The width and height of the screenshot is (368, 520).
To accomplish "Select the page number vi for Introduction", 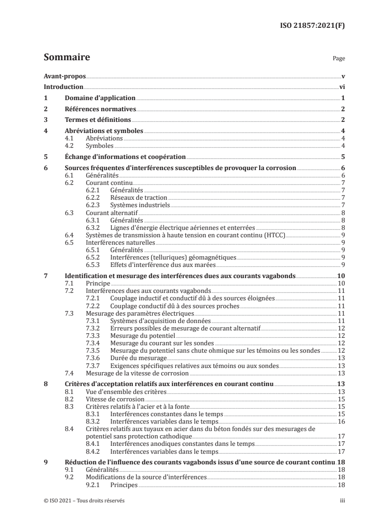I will (341, 87).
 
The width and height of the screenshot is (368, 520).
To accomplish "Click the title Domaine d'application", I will (99, 98).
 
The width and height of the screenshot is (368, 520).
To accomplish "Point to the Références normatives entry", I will (99, 109).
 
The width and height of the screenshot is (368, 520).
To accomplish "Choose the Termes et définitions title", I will (97, 120).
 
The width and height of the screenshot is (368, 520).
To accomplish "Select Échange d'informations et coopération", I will (124, 157).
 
